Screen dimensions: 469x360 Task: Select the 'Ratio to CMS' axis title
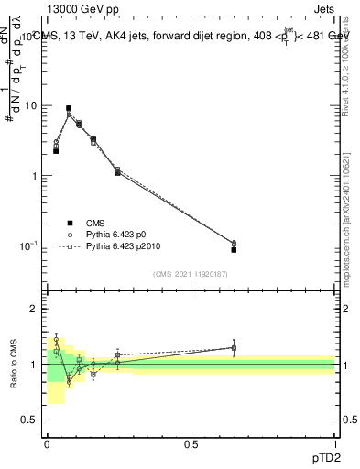click(15, 364)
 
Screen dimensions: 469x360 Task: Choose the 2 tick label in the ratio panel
click(35, 310)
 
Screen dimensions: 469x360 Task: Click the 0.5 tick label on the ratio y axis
click(30, 420)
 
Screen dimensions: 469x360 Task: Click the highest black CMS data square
click(68, 108)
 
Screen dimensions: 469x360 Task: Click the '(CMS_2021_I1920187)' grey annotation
click(191, 274)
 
